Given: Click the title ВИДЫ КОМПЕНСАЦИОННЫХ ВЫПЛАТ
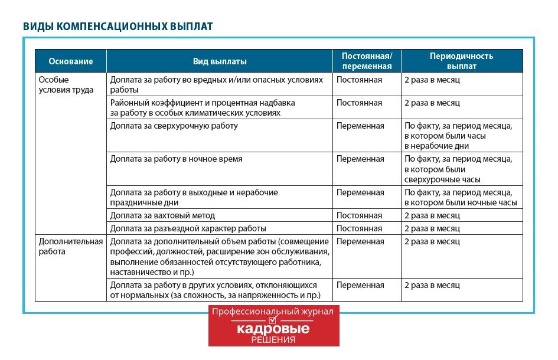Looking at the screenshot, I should pos(118,27).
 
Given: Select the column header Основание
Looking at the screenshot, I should pos(71,61).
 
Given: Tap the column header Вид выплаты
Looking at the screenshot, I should pos(220,61).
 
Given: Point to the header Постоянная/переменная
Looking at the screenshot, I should pos(367,61).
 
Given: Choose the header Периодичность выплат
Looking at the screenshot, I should pos(461,61).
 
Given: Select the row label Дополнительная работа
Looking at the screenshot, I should pos(70,246).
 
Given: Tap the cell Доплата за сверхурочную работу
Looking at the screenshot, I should pos(174,126).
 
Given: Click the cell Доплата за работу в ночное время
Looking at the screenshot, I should pos(176,159).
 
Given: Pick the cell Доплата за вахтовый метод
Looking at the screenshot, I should pos(162,215).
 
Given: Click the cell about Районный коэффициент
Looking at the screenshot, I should pos(202,107).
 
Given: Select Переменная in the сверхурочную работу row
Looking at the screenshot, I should pos(360,126).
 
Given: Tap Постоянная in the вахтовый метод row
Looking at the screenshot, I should pos(359,215).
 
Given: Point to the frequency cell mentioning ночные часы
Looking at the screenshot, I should pos(461,198).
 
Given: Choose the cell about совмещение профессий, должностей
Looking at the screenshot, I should pos(219,257).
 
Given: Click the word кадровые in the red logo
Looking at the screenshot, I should pos(273,329).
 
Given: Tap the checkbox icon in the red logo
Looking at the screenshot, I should pos(273,320).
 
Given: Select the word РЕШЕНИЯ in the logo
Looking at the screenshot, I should pos(273,340).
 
